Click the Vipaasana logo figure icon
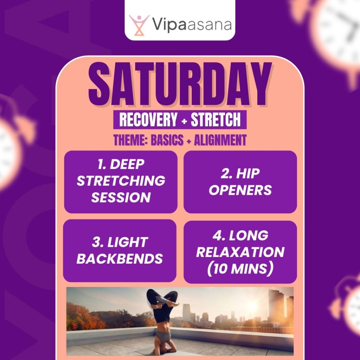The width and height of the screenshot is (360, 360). click(x=139, y=24)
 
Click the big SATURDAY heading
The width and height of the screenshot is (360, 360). click(x=180, y=84)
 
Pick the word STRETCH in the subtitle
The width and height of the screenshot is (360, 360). click(x=216, y=120)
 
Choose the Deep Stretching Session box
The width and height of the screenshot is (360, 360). click(x=121, y=182)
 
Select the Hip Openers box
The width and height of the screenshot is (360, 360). click(x=240, y=182)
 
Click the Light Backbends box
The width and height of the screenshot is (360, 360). click(x=120, y=250)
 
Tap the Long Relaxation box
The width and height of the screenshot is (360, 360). click(x=240, y=252)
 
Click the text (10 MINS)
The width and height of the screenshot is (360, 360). click(x=240, y=268)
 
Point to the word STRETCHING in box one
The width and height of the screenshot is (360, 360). click(x=121, y=181)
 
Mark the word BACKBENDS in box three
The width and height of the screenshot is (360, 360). click(x=120, y=259)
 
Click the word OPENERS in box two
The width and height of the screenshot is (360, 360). click(x=240, y=190)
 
